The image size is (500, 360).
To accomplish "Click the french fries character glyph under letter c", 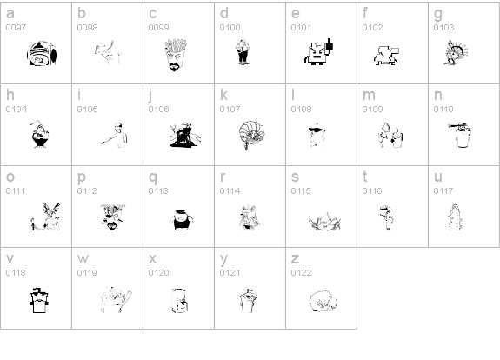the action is click(176, 55).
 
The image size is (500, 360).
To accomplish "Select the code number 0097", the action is click(16, 28).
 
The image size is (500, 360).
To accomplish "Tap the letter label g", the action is click(438, 14).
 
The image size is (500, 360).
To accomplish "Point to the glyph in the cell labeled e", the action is click(319, 51).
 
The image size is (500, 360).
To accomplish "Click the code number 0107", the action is click(230, 110).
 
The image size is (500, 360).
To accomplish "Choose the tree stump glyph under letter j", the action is click(185, 135).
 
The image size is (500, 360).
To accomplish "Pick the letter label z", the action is click(295, 258).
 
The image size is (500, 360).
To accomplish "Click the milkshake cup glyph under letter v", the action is click(39, 300).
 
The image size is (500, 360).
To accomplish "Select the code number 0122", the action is click(301, 273).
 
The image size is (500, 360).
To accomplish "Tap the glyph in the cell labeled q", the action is click(181, 219).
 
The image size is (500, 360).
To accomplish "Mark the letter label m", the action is click(369, 95).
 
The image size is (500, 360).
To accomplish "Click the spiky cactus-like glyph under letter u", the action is click(455, 217).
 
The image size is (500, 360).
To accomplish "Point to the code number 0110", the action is click(443, 110).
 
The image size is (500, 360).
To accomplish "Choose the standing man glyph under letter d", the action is click(243, 51).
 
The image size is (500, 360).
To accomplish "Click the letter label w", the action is click(83, 258).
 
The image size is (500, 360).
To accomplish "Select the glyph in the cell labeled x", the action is click(179, 301).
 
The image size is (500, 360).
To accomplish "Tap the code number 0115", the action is click(301, 191).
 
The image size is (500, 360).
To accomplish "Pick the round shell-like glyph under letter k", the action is click(251, 135).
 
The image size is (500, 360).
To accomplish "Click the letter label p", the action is click(82, 177).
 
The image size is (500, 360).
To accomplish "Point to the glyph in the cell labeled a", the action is click(42, 53).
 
